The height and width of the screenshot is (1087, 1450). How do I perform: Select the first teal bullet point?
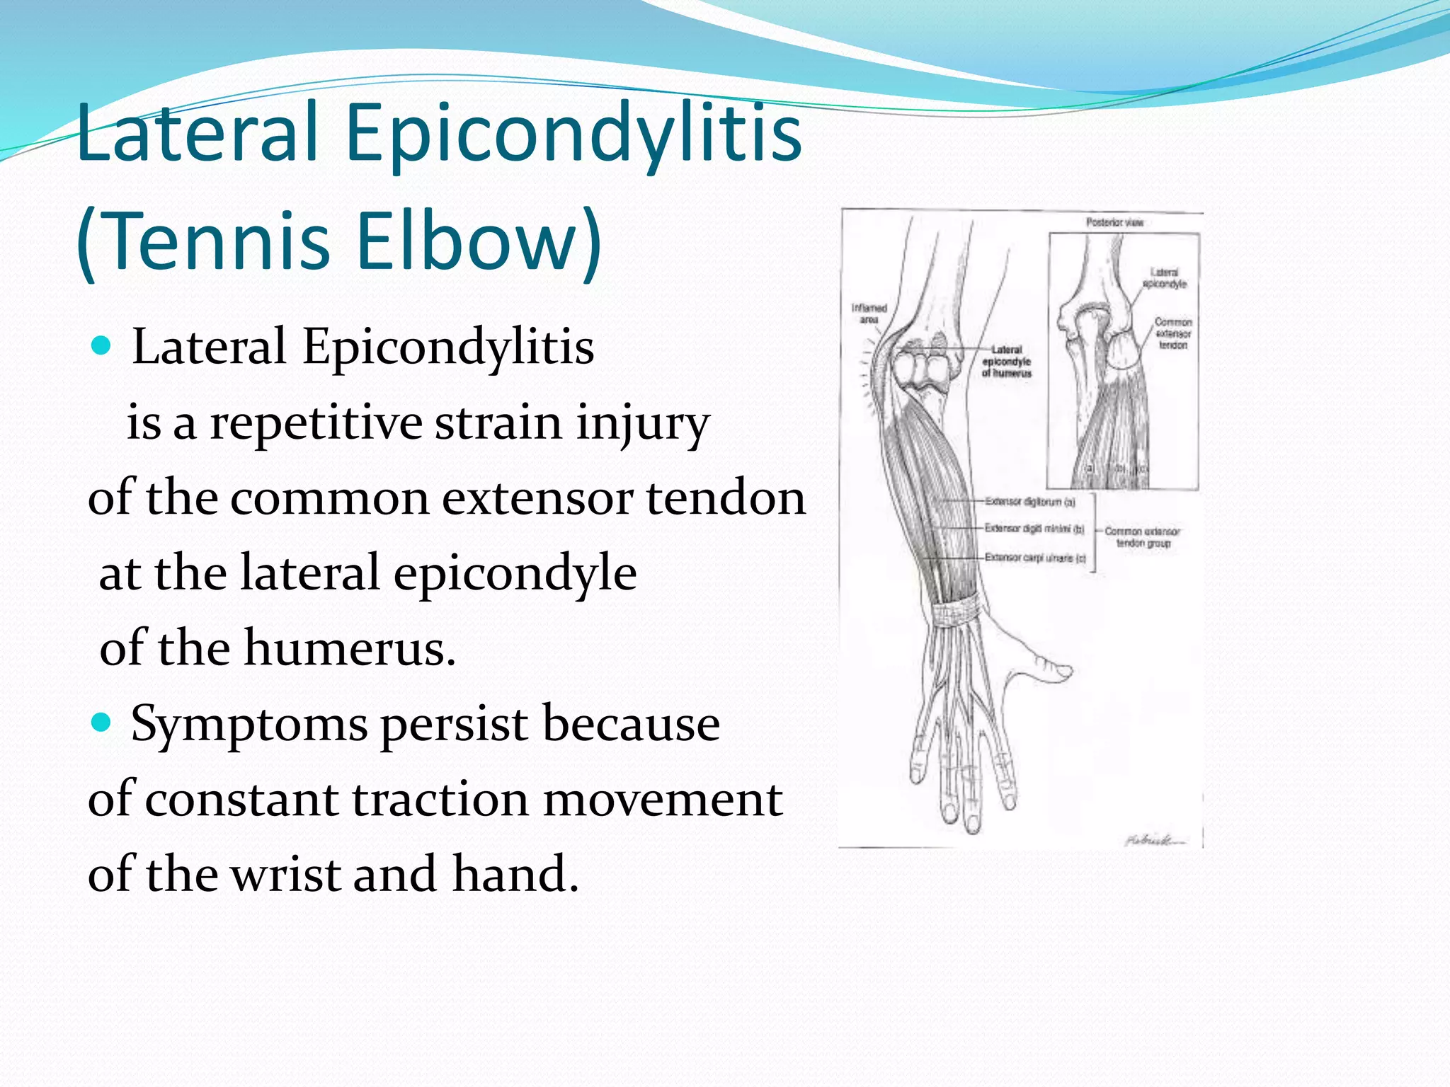click(x=102, y=346)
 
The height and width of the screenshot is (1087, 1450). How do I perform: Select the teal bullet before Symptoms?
click(x=102, y=723)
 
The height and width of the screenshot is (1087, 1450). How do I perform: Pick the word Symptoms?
click(x=249, y=725)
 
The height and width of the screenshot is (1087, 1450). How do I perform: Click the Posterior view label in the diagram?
click(x=1114, y=222)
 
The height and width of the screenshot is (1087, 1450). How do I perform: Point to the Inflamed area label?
click(x=869, y=314)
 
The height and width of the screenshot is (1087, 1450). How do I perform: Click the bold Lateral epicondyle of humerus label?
click(x=1006, y=361)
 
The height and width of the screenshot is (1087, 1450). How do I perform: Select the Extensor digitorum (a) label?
click(x=1030, y=502)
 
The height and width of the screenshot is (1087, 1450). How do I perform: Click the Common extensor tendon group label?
click(x=1142, y=536)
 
